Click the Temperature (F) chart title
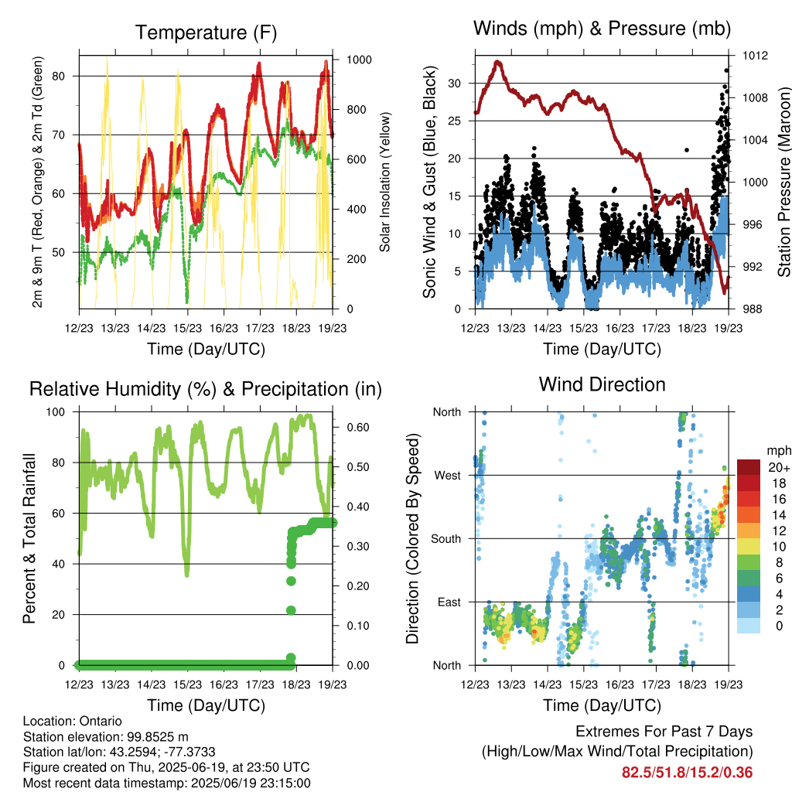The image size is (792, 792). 206,32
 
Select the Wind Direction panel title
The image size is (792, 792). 602,384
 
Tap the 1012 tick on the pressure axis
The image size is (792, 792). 755,55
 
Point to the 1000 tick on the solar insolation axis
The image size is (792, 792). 359,60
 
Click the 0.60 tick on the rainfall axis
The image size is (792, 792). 357,427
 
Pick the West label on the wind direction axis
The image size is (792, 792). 448,476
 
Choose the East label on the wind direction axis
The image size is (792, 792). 449,602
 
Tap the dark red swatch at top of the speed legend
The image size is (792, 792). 749,467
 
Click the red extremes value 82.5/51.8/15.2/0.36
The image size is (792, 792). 687,773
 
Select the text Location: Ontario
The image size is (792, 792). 72,721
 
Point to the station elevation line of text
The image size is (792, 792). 105,736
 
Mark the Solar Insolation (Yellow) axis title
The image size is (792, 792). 385,182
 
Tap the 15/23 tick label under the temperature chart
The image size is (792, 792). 187,328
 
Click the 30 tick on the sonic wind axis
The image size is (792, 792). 455,84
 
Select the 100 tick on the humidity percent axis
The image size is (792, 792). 56,412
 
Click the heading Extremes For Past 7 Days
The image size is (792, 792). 664,732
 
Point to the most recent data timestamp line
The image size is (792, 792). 167,783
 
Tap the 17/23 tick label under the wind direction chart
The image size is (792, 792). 656,684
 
